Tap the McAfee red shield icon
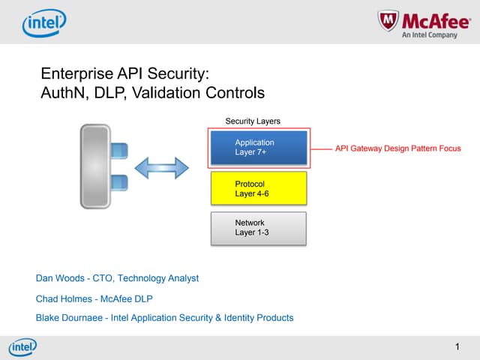pyautogui.click(x=387, y=23)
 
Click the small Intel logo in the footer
pyautogui.click(x=22, y=347)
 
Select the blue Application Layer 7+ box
pyautogui.click(x=259, y=147)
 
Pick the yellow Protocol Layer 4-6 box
pyautogui.click(x=259, y=188)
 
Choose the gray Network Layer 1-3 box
pyautogui.click(x=259, y=228)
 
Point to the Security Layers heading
pyautogui.click(x=253, y=121)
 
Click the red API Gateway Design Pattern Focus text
pyautogui.click(x=397, y=148)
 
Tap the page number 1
pyautogui.click(x=457, y=346)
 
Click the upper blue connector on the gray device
pyautogui.click(x=118, y=150)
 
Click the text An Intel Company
pyautogui.click(x=430, y=35)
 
